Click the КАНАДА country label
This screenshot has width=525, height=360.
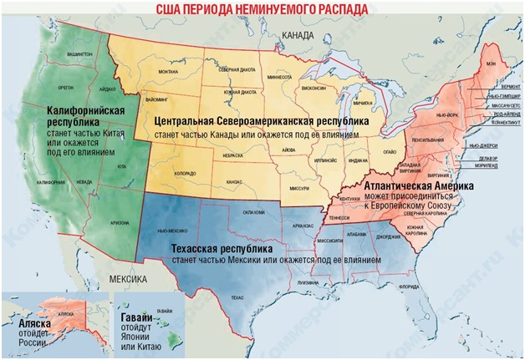[298, 36]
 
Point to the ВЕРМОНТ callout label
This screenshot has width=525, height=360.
[508, 87]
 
